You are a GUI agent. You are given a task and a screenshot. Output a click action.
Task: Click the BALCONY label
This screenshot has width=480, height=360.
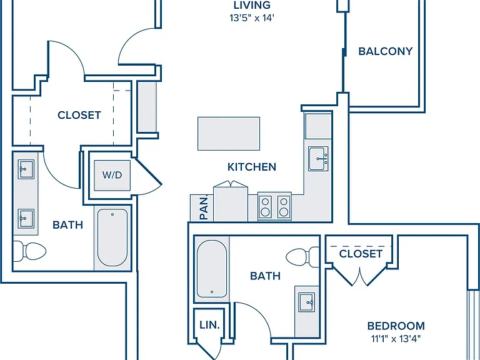pos(386,51)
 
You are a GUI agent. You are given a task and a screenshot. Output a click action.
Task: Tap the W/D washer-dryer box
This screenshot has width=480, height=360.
pos(112,176)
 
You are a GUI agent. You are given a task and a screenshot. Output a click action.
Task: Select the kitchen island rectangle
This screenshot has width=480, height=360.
pos(229,134)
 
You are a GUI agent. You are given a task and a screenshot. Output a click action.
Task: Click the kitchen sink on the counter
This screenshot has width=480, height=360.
pos(318,159)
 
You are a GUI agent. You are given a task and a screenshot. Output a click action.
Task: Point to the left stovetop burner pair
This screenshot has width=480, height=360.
pos(265,207)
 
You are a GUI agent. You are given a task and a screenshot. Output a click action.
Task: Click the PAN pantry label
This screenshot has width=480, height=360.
pos(204,209)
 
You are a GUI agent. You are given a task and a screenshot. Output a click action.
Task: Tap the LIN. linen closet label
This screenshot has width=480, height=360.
pos(210,325)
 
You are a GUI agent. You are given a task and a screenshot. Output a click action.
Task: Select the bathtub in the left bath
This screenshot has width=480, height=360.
pos(112,237)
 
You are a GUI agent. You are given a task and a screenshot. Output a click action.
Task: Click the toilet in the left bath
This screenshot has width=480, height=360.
pos(30,251)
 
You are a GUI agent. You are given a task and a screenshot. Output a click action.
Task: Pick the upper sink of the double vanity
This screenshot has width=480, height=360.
pos(26,169)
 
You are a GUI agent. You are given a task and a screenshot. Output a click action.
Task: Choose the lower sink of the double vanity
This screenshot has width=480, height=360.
pos(26,218)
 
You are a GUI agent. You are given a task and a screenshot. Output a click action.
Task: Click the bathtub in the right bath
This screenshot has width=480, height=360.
pos(211,269)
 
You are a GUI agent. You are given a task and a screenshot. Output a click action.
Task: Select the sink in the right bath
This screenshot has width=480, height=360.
pos(307,302)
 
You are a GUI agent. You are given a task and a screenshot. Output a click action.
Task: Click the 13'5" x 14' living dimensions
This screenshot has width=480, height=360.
pos(252,18)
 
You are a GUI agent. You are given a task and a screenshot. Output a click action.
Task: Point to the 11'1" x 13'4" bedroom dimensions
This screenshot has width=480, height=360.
pos(396,339)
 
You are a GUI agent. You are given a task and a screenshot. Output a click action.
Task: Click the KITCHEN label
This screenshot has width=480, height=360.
pos(252,167)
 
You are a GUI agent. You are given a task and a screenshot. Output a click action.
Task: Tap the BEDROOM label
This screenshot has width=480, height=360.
pos(396,326)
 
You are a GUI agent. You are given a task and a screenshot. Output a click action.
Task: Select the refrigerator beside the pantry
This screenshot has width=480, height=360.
pos(231,201)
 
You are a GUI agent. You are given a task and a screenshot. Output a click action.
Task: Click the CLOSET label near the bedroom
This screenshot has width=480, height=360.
pos(361,254)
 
